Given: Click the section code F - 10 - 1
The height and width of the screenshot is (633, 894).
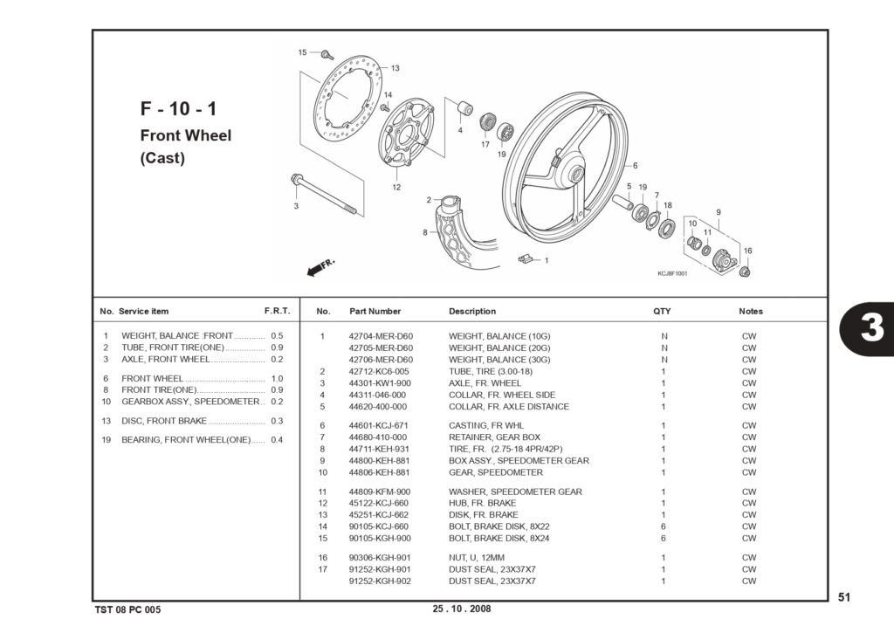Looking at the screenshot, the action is pos(178,108).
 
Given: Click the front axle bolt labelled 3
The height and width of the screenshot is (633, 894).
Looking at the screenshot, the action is pos(324,195).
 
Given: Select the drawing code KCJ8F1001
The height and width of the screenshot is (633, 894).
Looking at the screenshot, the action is pos(672,273).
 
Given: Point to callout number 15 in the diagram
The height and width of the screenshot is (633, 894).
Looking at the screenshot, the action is pos(302,52).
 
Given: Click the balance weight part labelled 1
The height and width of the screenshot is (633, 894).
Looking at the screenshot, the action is pos(528,258).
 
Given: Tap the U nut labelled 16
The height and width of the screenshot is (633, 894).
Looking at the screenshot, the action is pos(744,272).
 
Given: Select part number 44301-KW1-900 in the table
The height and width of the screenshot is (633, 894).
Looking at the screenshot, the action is pos(379,383).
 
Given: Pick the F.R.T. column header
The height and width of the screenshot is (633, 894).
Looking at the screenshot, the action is pos(277,311).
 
